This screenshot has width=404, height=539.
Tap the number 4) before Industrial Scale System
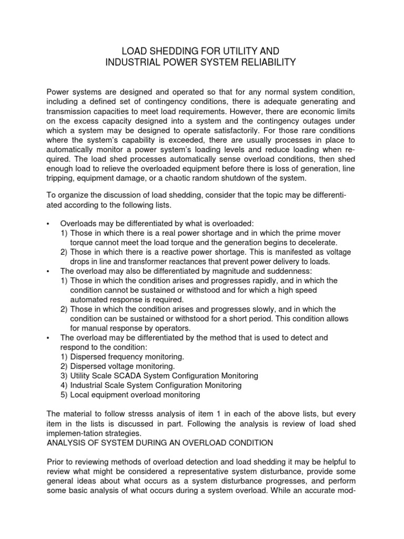coord(64,385)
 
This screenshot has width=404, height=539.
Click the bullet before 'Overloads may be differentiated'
coord(48,224)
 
